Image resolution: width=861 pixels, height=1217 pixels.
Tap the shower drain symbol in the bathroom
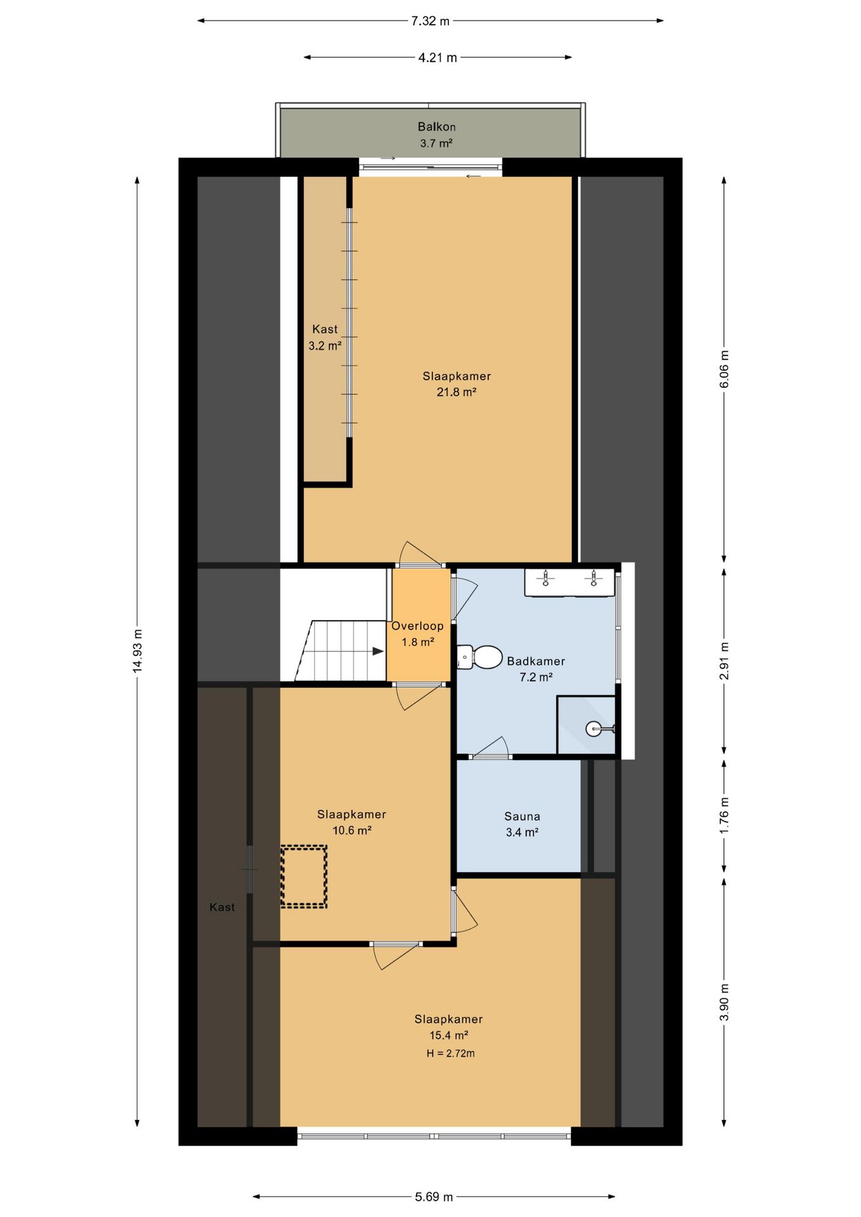pyautogui.click(x=593, y=728)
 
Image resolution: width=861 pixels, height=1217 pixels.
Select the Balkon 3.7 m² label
pyautogui.click(x=436, y=135)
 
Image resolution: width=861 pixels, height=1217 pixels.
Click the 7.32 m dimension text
pyautogui.click(x=430, y=21)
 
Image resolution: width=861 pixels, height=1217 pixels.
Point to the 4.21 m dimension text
pyautogui.click(x=437, y=58)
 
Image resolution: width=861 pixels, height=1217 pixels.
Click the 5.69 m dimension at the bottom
pyautogui.click(x=434, y=1197)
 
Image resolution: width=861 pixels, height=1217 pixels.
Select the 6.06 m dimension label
pyautogui.click(x=725, y=370)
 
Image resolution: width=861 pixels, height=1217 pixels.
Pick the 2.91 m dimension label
pyautogui.click(x=725, y=660)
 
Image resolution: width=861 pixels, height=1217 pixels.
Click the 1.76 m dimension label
pyautogui.click(x=725, y=816)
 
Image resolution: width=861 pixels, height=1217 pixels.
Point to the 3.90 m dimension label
pyautogui.click(x=725, y=1002)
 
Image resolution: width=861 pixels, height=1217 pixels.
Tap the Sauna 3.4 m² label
pyautogui.click(x=522, y=825)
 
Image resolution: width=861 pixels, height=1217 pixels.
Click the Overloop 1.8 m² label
pyautogui.click(x=418, y=634)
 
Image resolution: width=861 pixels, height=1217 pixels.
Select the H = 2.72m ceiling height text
pyautogui.click(x=451, y=1053)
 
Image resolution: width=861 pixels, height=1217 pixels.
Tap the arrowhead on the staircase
pyautogui.click(x=378, y=651)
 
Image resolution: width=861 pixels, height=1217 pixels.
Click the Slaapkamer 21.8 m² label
pyautogui.click(x=456, y=384)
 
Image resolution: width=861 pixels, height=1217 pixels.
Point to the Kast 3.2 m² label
pyautogui.click(x=325, y=337)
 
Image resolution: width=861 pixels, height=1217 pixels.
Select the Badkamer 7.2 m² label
pyautogui.click(x=536, y=669)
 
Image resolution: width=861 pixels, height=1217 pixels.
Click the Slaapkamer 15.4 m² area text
pyautogui.click(x=449, y=1027)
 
